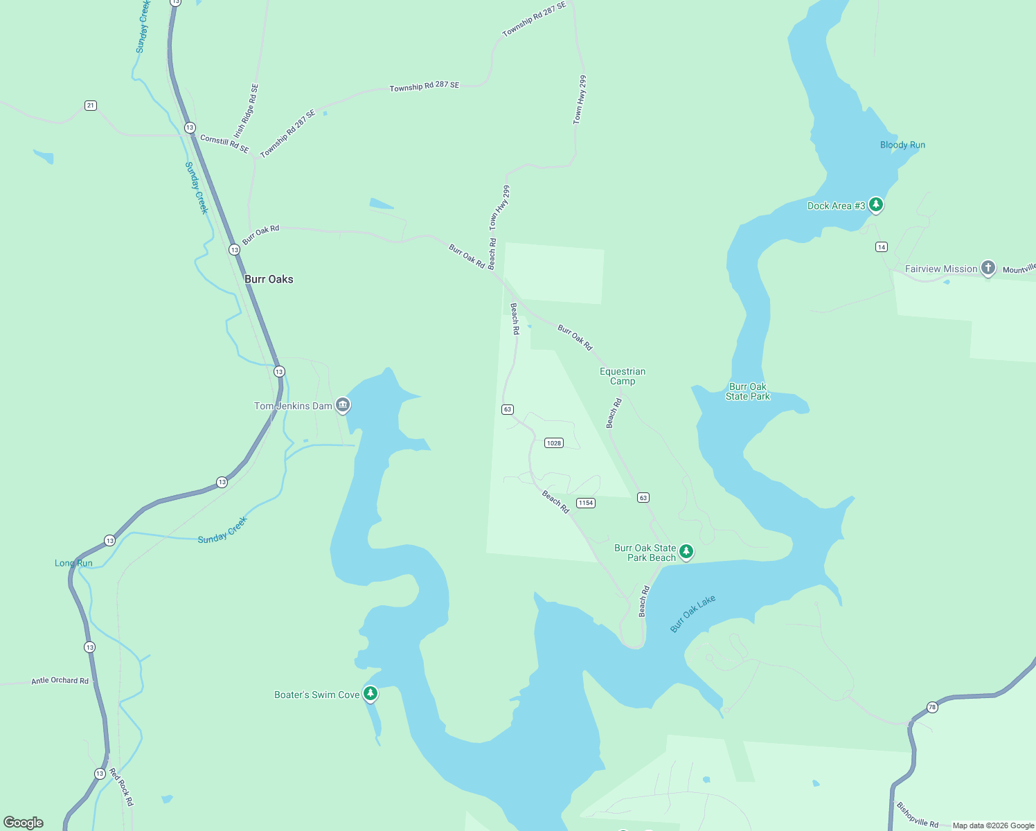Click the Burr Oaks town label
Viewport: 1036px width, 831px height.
[x=269, y=279]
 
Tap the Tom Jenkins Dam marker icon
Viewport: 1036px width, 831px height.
[x=343, y=405]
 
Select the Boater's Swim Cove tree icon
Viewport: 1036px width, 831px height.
[x=370, y=693]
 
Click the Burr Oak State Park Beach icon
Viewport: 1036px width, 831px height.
[x=686, y=551]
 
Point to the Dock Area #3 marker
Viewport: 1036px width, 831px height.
[x=876, y=204]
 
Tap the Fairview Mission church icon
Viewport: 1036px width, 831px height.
[x=988, y=268]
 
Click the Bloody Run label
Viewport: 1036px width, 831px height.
[x=902, y=145]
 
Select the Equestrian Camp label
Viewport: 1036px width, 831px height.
[x=623, y=376]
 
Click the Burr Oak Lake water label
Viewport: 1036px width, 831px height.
[x=693, y=614]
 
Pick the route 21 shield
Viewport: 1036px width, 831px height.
[x=91, y=105]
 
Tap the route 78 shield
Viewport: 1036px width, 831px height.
[x=932, y=707]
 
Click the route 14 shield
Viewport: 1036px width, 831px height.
[x=881, y=247]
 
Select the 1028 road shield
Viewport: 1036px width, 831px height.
[x=553, y=443]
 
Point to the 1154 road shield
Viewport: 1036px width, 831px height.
[x=586, y=503]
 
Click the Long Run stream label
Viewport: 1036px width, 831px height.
[x=73, y=563]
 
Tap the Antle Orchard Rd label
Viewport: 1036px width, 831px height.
[x=60, y=681]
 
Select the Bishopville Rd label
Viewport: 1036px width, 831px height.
[x=917, y=814]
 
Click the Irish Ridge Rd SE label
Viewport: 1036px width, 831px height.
[x=247, y=110]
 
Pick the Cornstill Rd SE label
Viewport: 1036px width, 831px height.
[x=224, y=144]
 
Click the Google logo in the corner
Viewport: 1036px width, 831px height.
[x=24, y=822]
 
